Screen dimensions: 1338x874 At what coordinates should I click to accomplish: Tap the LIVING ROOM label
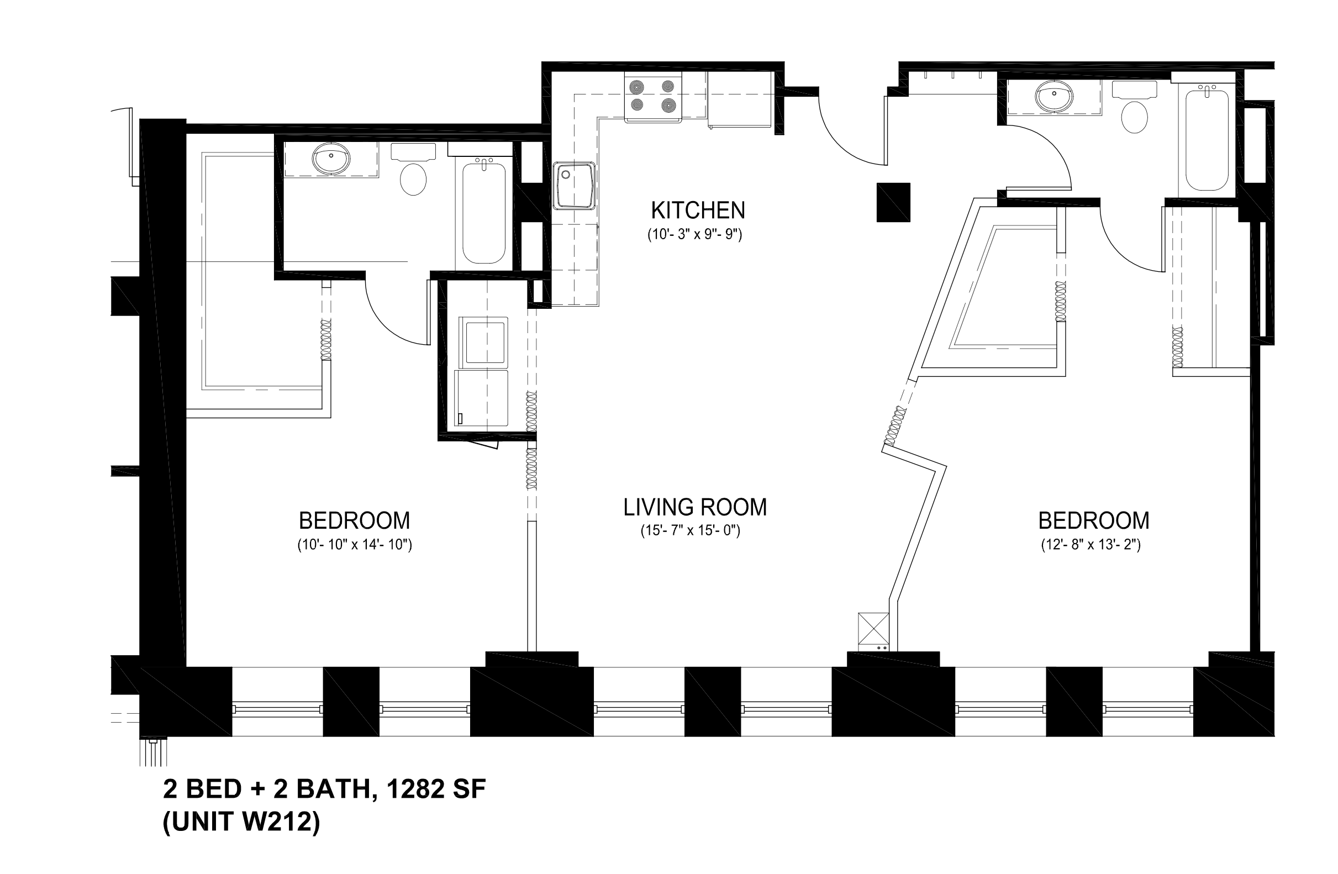click(695, 507)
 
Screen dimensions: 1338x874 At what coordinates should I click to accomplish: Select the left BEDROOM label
click(354, 520)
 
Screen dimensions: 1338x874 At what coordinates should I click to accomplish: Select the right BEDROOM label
click(1093, 520)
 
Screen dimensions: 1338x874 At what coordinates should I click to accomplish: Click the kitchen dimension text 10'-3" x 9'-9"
click(695, 234)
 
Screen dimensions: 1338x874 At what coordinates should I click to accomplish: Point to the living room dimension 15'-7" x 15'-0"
click(691, 530)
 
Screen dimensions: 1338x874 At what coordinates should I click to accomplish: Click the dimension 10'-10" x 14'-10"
click(355, 545)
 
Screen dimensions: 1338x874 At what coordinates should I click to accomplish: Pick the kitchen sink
click(574, 185)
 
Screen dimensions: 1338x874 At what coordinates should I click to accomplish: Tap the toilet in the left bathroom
click(413, 169)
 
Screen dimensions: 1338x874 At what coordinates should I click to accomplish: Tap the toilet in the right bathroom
click(1135, 107)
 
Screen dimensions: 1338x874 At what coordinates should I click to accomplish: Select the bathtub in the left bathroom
click(484, 209)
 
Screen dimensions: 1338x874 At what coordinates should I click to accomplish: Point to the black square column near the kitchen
click(893, 202)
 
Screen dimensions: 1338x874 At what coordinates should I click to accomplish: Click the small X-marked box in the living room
click(873, 629)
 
